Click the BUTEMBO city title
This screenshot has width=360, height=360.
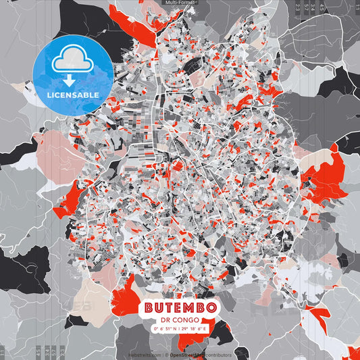(180, 307)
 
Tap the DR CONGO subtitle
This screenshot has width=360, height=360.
(180, 320)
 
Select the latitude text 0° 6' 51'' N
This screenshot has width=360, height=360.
(163, 329)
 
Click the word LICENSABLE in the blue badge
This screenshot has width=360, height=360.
(73, 95)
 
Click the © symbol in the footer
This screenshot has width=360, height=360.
(166, 355)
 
